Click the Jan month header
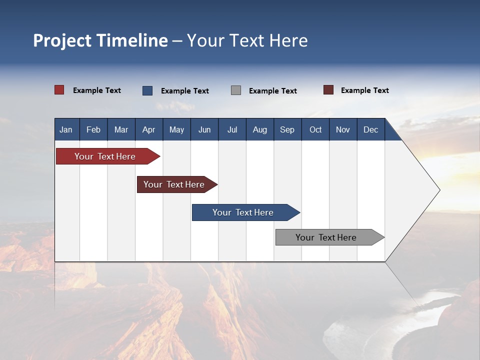coord(66,129)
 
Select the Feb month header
coord(93,129)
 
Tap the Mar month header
coord(121,129)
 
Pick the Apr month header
coord(149,129)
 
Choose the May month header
coord(176,129)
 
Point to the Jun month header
coord(204,129)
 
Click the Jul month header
coord(232,129)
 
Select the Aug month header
coord(260,129)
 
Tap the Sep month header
coord(287,129)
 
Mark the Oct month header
coord(315,129)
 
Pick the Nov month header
coord(343,129)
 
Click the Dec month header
coord(371,129)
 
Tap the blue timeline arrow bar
coord(243,212)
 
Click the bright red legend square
coord(59,90)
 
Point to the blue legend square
coord(147,90)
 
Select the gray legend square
coord(236,90)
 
